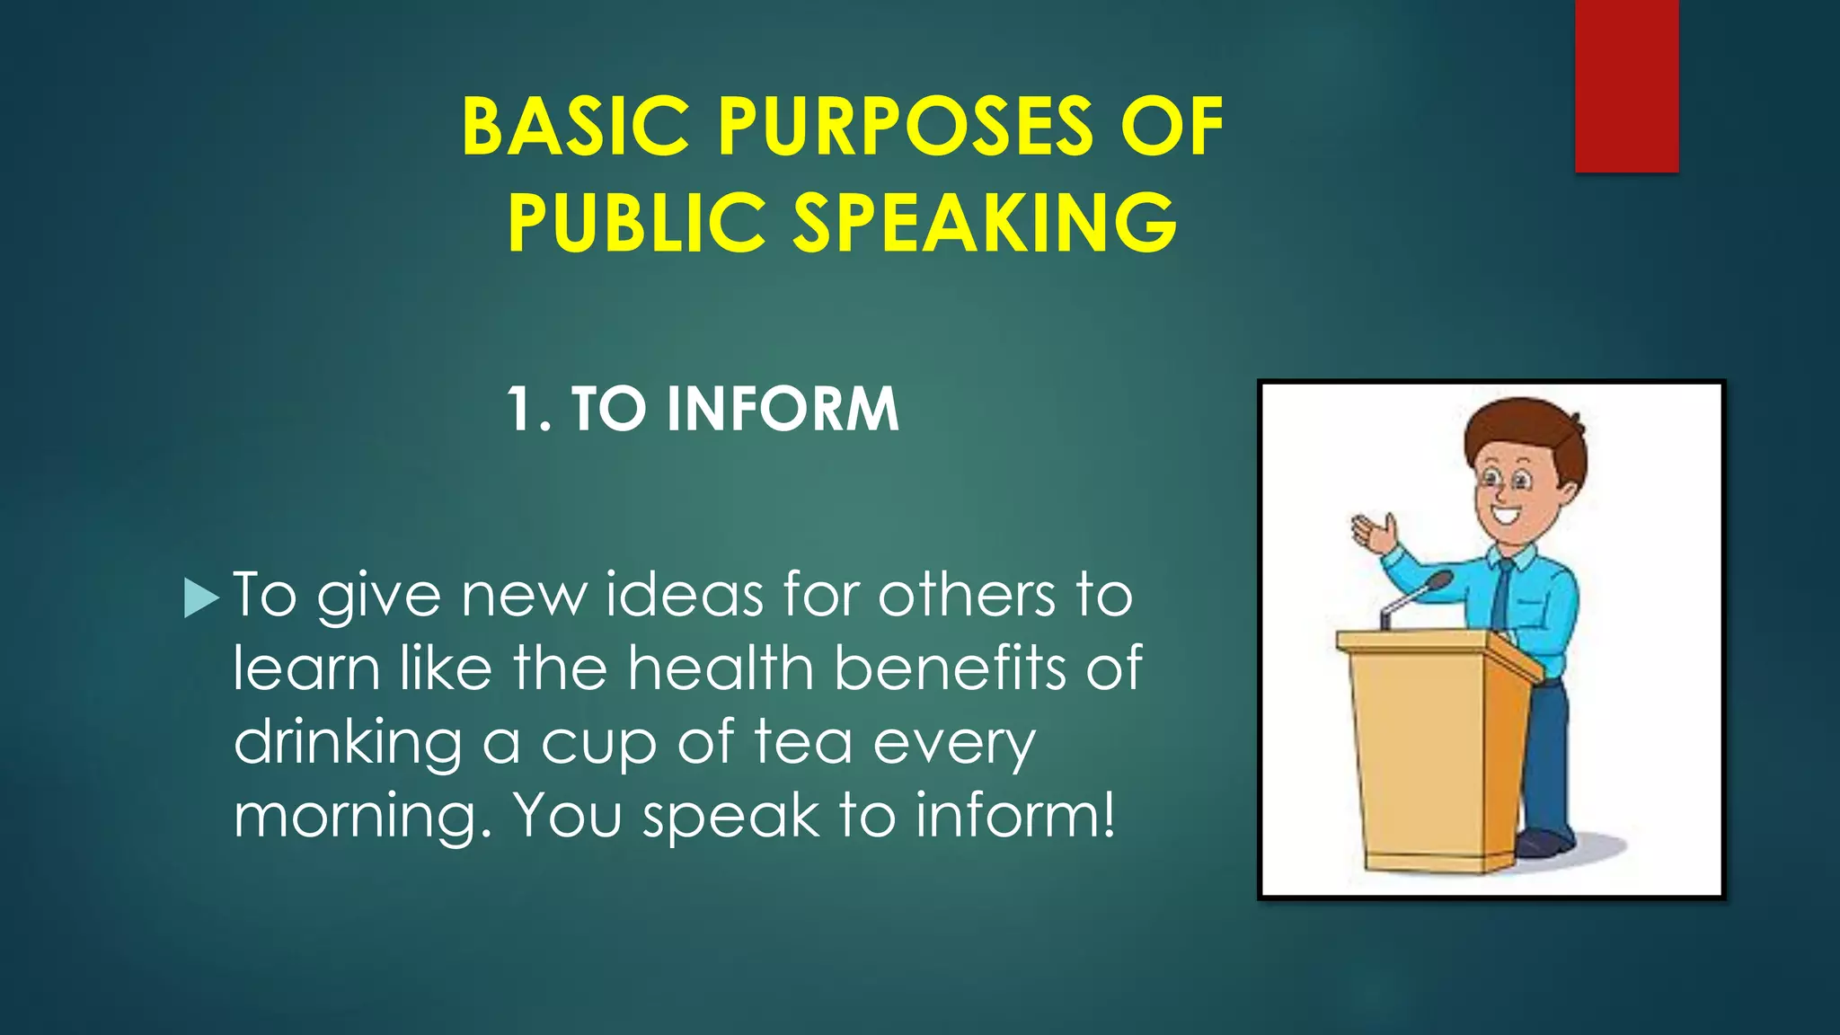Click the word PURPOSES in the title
click(x=906, y=128)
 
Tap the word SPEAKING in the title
click(x=985, y=223)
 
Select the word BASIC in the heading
click(x=575, y=128)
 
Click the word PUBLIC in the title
click(x=635, y=223)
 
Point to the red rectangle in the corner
click(x=1626, y=85)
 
